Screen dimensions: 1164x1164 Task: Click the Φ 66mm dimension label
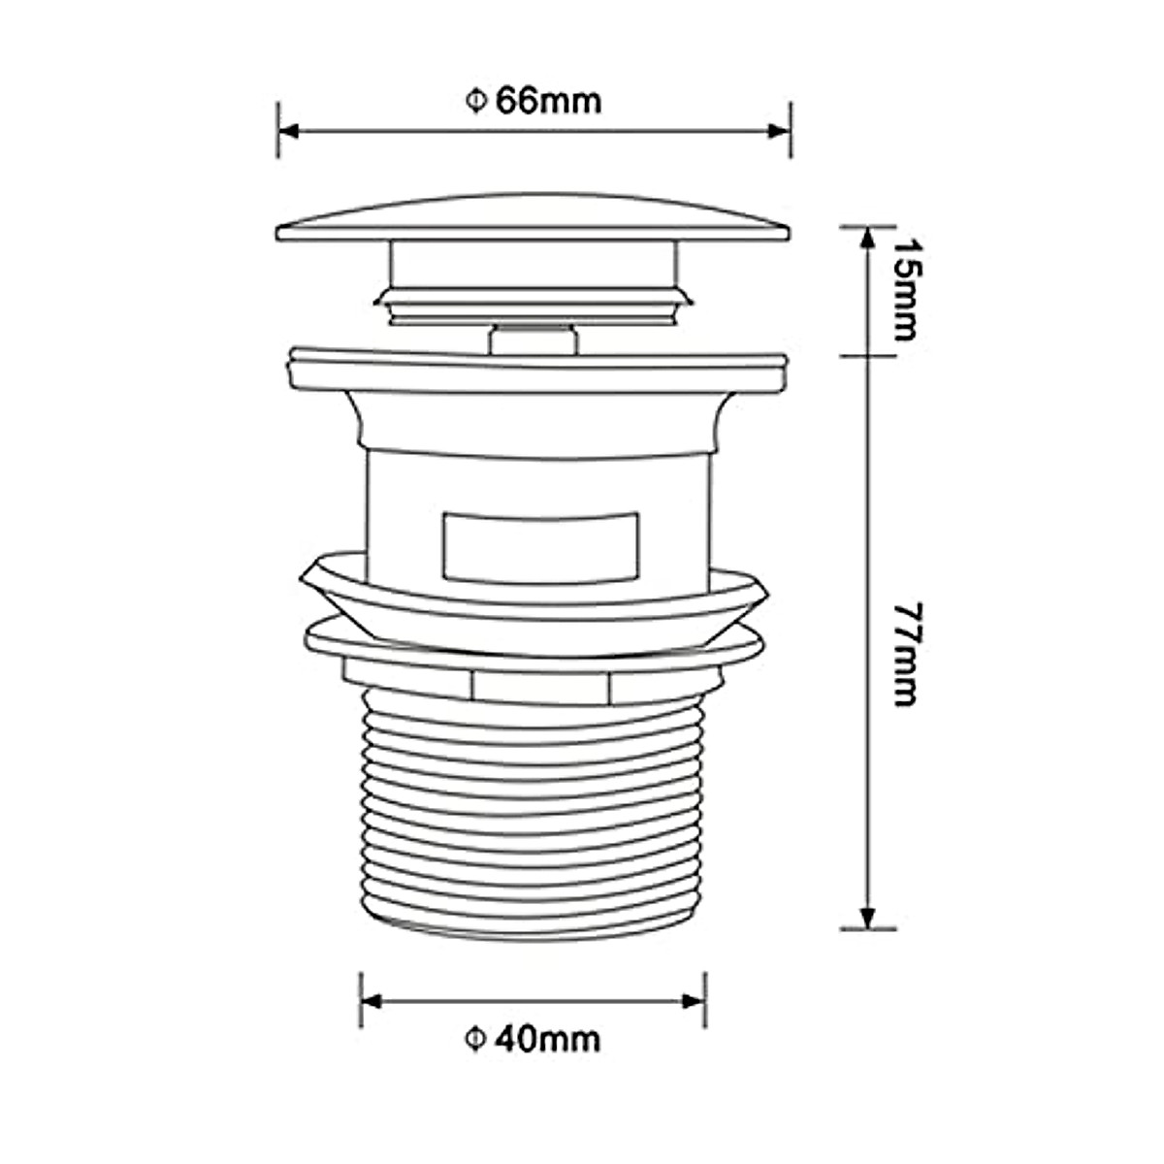(533, 101)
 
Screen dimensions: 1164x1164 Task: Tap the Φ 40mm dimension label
(533, 1040)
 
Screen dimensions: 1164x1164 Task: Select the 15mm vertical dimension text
(908, 289)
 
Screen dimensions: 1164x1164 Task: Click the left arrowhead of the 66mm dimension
(289, 132)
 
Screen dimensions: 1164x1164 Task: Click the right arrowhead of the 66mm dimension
(779, 132)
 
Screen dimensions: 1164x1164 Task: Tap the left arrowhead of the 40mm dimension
(372, 1001)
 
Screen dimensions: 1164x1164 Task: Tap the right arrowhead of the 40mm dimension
(695, 1001)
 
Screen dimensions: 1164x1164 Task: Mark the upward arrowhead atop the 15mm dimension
(867, 238)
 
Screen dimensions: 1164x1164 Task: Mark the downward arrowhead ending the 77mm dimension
(867, 919)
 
